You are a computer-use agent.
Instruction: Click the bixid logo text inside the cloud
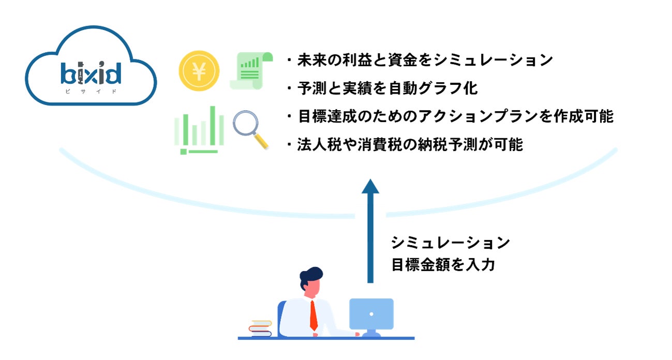pos(91,73)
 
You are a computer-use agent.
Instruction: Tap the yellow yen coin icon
pos(199,71)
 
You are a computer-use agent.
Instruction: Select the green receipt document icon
pos(251,71)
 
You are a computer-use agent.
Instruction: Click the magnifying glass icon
pos(250,129)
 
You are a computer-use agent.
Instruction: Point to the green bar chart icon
pos(199,130)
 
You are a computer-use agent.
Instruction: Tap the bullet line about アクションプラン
pos(449,116)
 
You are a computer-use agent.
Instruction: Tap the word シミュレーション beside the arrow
pos(450,242)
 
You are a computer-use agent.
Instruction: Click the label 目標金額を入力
pos(443,265)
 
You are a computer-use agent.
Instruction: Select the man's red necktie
pos(313,316)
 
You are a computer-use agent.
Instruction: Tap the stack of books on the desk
pos(260,329)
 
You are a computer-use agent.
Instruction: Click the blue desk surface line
pos(326,338)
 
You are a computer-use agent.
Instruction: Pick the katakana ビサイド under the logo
pos(91,91)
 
